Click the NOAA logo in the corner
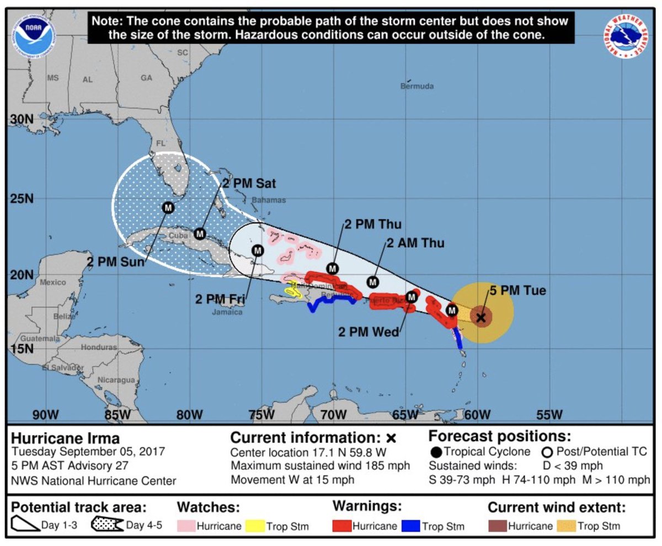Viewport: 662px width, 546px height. click(35, 35)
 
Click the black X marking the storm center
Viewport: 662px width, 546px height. click(481, 317)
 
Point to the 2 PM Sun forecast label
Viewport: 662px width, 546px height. click(113, 261)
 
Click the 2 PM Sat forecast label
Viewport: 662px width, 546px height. click(249, 183)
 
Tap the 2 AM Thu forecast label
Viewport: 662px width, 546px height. click(415, 243)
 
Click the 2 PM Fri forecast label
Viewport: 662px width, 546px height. click(219, 299)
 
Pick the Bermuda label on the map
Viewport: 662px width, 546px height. click(417, 86)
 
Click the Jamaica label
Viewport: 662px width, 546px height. click(227, 312)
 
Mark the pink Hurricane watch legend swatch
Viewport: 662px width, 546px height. click(186, 526)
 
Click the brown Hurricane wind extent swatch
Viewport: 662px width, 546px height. click(497, 526)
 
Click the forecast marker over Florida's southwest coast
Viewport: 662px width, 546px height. click(168, 207)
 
